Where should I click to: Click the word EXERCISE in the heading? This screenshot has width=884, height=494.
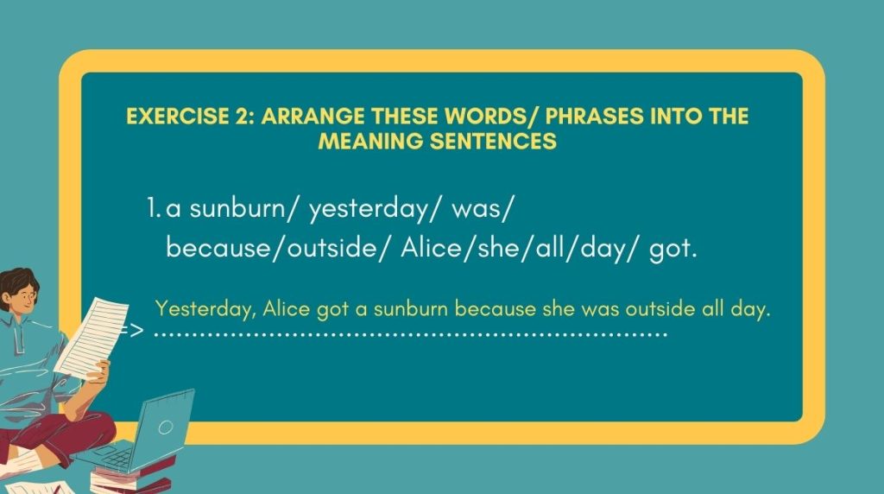pos(178,117)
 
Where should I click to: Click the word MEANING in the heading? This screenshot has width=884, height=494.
pos(370,141)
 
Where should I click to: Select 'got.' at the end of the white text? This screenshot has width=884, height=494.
pos(673,249)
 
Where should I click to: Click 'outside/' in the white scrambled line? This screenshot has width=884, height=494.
pos(338,248)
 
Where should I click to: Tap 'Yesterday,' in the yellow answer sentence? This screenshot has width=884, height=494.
pos(205,309)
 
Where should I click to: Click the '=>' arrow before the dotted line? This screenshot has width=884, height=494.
pos(132,331)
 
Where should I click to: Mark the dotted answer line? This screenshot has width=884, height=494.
pos(411,334)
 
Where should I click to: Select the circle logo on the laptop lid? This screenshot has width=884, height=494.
pos(165,427)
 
